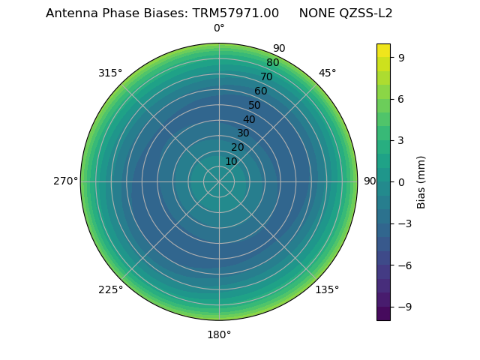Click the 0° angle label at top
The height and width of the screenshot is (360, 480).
[219, 28]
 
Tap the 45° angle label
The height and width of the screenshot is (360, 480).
[327, 73]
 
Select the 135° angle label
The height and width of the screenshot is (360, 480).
[327, 289]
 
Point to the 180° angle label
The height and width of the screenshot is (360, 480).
[219, 334]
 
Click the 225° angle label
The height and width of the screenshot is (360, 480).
[110, 289]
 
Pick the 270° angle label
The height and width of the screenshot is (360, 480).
[65, 181]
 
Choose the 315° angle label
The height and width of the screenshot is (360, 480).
[110, 73]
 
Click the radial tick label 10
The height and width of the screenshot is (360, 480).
[231, 161]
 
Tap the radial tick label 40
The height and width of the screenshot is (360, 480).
[249, 119]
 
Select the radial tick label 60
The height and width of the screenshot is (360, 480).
[261, 91]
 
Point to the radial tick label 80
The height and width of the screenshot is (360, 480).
[273, 62]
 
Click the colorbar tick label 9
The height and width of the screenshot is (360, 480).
[402, 57]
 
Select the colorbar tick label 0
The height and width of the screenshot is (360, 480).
[402, 181]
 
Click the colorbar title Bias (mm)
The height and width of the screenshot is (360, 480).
[421, 181]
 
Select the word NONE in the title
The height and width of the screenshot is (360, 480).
[315, 13]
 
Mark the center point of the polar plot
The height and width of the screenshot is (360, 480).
[219, 181]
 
